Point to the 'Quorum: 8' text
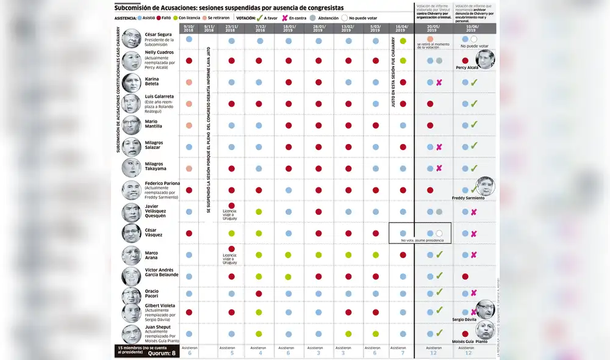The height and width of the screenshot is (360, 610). tap(165, 352)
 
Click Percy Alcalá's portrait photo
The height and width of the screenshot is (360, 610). tap(485, 59)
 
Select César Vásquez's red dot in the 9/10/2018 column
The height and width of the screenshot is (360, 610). tap(189, 233)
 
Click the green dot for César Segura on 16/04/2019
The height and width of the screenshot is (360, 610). tap(403, 40)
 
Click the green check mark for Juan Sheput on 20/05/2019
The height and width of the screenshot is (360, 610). tap(439, 333)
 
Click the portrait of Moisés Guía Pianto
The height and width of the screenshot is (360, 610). tap(486, 330)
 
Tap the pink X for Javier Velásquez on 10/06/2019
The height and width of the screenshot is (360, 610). tap(474, 212)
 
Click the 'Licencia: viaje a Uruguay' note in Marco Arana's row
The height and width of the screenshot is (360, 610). tap(230, 259)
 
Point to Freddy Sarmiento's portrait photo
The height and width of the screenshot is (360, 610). tap(486, 186)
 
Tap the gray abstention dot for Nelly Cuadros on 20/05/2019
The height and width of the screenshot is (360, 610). tap(439, 61)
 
